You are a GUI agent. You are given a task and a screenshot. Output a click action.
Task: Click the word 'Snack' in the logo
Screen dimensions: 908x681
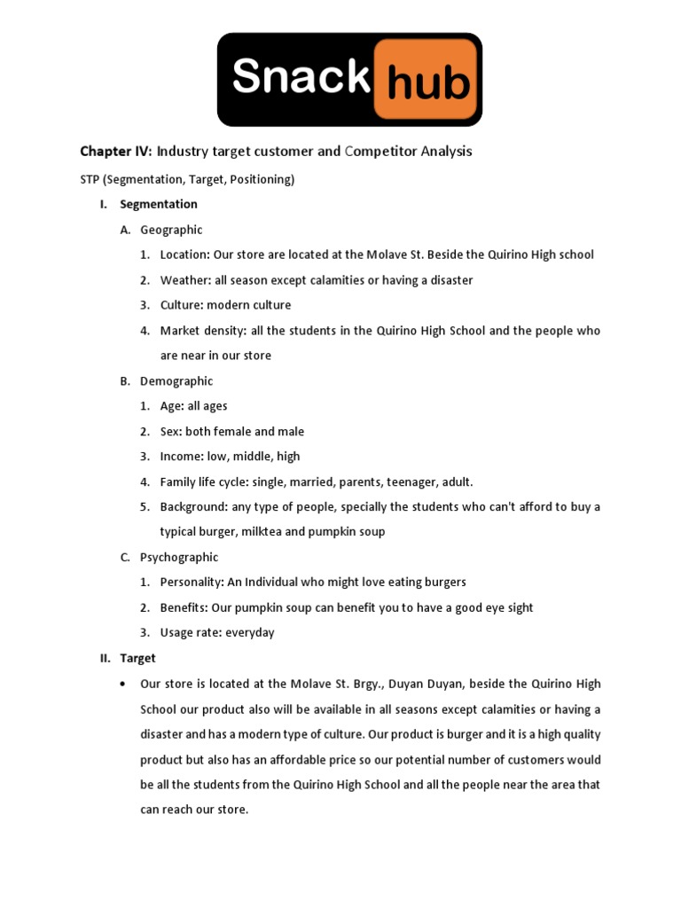300,78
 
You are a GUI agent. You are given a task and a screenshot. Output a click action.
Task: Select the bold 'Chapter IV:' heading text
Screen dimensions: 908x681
116,152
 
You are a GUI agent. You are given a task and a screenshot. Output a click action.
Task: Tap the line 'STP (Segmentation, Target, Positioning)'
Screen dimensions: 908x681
187,179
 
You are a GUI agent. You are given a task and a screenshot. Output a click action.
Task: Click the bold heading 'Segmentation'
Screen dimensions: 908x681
159,204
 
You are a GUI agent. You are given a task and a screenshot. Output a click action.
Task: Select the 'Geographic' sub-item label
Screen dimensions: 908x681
171,230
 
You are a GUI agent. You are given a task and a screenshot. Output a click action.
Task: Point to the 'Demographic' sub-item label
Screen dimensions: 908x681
176,381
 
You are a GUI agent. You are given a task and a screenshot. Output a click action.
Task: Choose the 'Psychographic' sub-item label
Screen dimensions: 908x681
179,557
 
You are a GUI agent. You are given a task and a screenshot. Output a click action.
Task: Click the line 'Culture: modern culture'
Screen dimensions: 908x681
225,305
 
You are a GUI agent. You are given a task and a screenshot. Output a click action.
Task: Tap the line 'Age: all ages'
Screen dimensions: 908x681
193,406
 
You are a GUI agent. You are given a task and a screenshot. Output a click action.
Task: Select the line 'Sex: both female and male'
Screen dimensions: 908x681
231,432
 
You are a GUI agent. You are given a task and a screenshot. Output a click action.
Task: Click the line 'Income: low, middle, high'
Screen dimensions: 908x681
230,457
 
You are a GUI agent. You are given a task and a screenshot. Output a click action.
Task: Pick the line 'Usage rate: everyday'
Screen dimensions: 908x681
217,632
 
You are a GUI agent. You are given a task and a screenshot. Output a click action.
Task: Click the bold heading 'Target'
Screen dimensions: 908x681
137,658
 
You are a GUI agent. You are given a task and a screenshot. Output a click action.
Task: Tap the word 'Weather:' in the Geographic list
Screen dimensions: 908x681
184,280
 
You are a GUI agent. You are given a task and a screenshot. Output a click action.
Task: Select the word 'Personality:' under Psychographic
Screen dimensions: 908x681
192,583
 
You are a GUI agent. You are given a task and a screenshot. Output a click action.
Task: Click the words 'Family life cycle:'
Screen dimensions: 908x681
204,482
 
